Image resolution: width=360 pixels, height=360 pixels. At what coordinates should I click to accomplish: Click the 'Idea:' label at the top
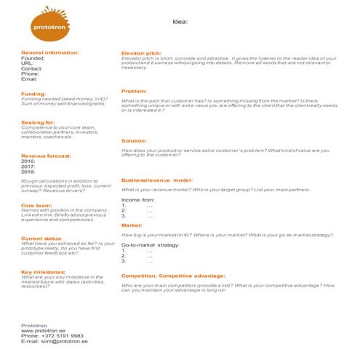pos(180,21)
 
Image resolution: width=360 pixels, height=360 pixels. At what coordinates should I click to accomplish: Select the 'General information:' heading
pos(49,52)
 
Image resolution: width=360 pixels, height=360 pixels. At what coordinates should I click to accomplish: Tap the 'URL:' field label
pos(28,63)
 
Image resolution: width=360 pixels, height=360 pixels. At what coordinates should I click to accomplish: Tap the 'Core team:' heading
pos(37,205)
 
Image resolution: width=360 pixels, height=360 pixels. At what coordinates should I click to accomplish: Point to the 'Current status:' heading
pos(41,238)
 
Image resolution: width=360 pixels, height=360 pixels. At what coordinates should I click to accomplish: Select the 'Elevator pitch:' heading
pos(141,53)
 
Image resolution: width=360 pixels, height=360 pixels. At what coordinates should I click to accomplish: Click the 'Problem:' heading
pos(134,91)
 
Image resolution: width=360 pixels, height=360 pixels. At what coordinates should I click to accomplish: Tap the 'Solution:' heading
pos(134,140)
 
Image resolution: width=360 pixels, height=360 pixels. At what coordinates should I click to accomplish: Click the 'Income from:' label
pos(138,199)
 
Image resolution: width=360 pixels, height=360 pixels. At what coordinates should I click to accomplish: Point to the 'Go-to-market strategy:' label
pos(150,246)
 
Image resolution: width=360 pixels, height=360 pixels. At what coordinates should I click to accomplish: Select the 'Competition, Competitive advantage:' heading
pos(173,276)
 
